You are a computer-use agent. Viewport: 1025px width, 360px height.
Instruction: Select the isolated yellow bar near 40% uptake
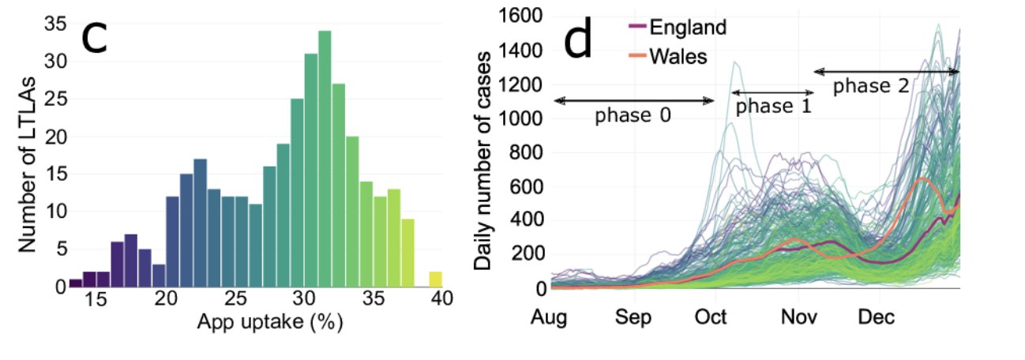[435, 279]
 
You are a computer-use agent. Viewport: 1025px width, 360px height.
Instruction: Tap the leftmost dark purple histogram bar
[76, 282]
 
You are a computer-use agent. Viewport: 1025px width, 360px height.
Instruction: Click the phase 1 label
[773, 106]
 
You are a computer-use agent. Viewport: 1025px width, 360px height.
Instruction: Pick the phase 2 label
[871, 85]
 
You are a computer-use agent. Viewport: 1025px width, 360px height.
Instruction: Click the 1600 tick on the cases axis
[524, 17]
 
